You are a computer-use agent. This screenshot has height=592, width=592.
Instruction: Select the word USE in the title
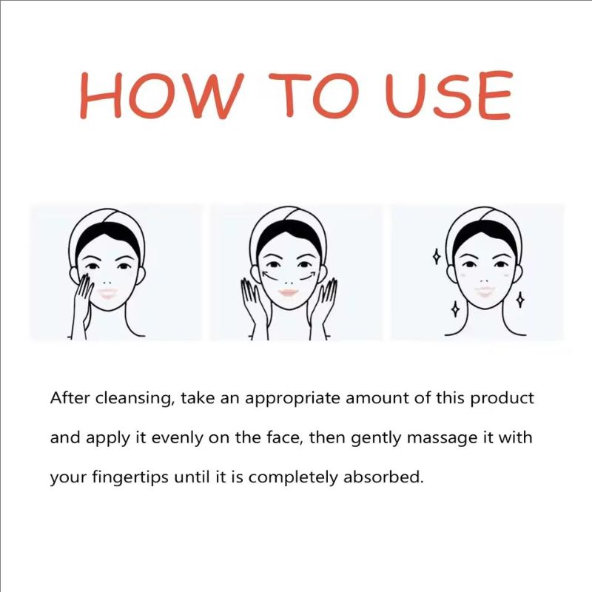pyautogui.click(x=448, y=97)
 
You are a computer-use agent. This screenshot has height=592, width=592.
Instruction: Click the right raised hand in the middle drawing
pyautogui.click(x=325, y=300)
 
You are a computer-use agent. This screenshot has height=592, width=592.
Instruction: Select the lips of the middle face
pyautogui.click(x=289, y=293)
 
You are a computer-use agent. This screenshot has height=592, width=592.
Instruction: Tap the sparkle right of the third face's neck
pyautogui.click(x=519, y=300)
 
